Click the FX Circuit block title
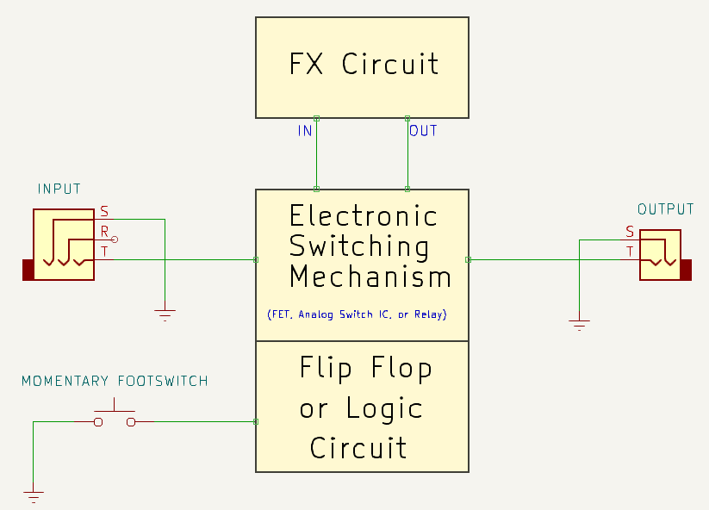click(363, 65)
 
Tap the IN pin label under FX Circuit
click(305, 131)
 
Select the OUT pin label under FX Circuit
click(423, 131)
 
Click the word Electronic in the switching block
click(363, 215)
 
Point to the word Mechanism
click(370, 277)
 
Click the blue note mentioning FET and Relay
click(357, 314)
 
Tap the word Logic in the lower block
click(384, 408)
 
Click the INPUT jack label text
click(59, 189)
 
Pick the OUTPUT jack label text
click(665, 209)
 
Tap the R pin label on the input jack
click(105, 231)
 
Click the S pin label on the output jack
click(630, 232)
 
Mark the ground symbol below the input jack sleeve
click(165, 315)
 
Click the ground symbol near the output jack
click(580, 325)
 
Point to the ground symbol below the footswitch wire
click(34, 495)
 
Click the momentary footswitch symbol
click(115, 417)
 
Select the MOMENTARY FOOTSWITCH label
click(115, 381)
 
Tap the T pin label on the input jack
click(105, 251)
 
